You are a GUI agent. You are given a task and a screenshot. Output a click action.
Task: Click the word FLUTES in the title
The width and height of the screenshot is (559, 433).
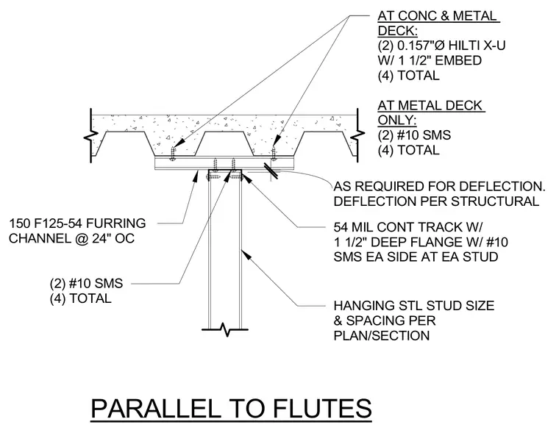[323, 409]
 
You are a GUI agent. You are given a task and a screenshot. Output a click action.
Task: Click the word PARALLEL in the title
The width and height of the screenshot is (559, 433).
[156, 409]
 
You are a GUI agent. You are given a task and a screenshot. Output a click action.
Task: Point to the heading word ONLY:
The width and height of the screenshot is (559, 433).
[397, 121]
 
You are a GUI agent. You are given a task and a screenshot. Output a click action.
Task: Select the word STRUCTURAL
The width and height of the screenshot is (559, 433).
[494, 201]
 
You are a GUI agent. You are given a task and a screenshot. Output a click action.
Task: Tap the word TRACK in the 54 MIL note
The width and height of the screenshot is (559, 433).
[443, 227]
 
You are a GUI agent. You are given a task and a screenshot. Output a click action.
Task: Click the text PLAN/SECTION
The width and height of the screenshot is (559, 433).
[382, 336]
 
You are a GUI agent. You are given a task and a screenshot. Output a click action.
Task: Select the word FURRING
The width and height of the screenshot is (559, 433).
[116, 223]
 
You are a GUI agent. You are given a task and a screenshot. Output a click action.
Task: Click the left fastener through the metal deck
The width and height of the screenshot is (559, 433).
[174, 153]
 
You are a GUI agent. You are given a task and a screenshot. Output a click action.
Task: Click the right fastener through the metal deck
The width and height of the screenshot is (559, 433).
[274, 153]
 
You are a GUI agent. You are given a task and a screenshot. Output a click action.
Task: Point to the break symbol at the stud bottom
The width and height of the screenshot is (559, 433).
[224, 329]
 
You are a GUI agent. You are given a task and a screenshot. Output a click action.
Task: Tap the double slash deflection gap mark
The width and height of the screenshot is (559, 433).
[271, 171]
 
